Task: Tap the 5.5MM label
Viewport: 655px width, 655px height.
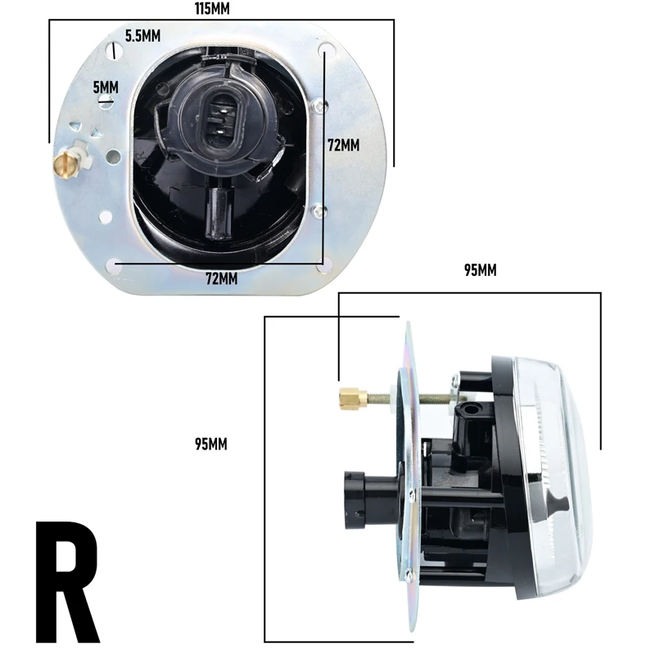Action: coord(142,35)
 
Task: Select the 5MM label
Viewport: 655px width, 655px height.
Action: coord(106,86)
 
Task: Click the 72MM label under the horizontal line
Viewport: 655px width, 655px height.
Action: coord(221,278)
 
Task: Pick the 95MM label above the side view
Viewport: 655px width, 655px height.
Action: coord(481,270)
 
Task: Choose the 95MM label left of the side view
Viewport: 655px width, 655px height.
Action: coord(210,445)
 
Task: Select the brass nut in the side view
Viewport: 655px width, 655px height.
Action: coord(350,399)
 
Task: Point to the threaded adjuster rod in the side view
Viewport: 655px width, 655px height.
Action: coord(409,399)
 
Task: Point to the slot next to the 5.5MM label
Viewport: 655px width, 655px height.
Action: coord(111,50)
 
